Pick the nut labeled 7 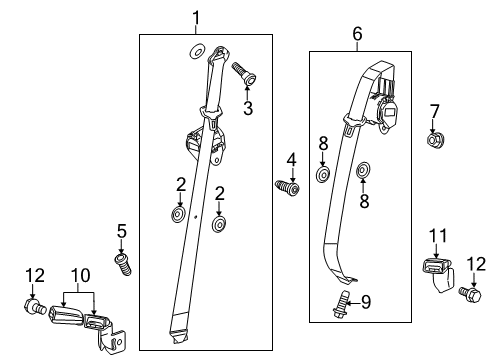pyautogui.click(x=434, y=140)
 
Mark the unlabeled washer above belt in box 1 pyautogui.click(x=196, y=52)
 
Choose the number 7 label pyautogui.click(x=434, y=110)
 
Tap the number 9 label pyautogui.click(x=366, y=299)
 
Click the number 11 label pyautogui.click(x=436, y=236)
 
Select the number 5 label pyautogui.click(x=122, y=232)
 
